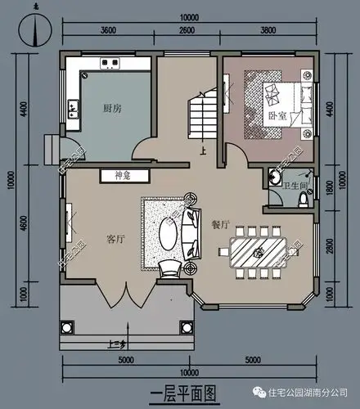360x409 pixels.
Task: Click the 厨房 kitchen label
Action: click(x=113, y=108)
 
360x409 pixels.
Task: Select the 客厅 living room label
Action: click(x=115, y=239)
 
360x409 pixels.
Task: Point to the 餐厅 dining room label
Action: click(x=219, y=223)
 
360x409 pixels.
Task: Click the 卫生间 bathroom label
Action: click(x=294, y=186)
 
